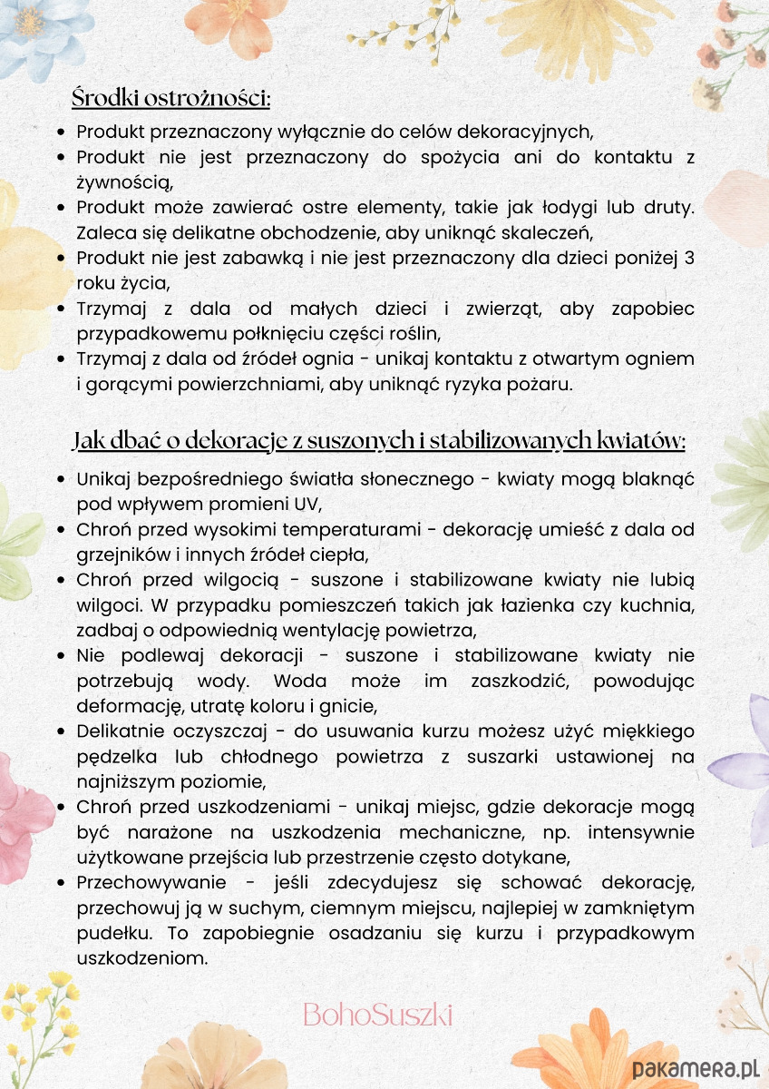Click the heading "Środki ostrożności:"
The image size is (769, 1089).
point(171,97)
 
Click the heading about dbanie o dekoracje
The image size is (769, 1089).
point(379,441)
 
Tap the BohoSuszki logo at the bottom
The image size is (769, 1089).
point(377,1014)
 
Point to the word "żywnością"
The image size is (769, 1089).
point(123,182)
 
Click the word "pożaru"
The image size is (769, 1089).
point(540,384)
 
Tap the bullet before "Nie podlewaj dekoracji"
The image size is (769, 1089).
point(60,655)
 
